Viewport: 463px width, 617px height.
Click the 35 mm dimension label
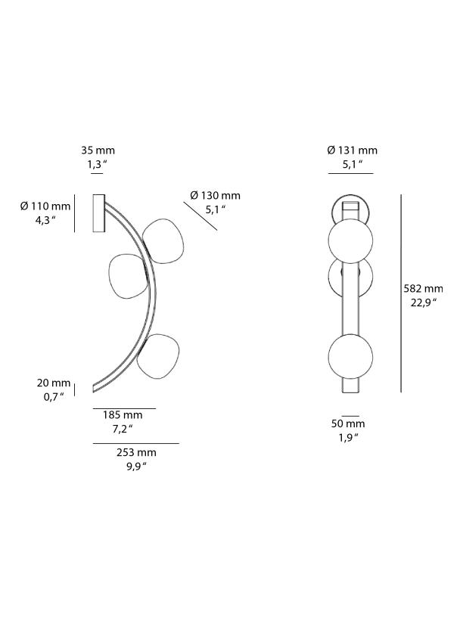click(x=98, y=150)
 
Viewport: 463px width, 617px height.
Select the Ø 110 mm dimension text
click(x=45, y=206)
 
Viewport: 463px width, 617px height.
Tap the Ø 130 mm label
click(x=215, y=196)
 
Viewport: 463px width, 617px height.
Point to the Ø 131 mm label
click(x=352, y=150)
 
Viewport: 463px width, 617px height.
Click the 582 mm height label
click(x=423, y=289)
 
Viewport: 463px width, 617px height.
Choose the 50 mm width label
click(x=350, y=423)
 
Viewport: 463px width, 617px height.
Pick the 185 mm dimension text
click(x=123, y=414)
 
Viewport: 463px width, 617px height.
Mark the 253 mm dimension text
click(x=137, y=452)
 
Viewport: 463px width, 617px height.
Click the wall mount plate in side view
click(x=98, y=213)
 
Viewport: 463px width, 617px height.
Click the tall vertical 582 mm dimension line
click(x=400, y=293)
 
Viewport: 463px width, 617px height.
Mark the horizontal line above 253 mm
click(x=135, y=443)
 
